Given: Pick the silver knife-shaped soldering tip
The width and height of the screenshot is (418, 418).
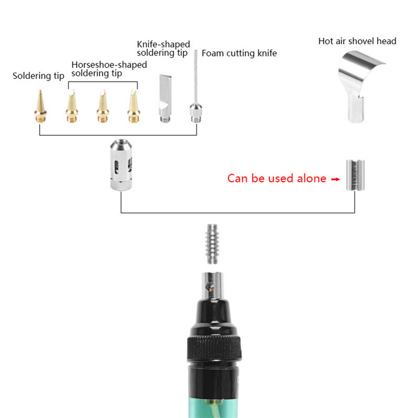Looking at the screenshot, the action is [x=165, y=99].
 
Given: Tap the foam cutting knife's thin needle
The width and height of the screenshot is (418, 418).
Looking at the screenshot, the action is [x=196, y=77].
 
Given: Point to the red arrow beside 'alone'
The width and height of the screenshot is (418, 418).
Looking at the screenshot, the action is [x=335, y=179].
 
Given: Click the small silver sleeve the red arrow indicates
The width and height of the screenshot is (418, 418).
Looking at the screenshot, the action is [x=355, y=175].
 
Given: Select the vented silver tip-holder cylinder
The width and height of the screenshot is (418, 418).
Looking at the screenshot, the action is [x=121, y=165].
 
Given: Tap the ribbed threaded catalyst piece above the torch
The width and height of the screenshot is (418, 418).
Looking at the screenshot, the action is [x=212, y=244].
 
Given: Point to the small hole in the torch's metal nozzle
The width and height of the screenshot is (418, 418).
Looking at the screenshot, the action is [x=211, y=287].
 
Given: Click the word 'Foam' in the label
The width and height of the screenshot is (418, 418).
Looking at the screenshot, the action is [x=213, y=53].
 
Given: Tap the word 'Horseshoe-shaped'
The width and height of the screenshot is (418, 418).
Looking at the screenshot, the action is [x=109, y=65].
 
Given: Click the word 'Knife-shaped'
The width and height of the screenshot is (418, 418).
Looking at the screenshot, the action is [x=164, y=44].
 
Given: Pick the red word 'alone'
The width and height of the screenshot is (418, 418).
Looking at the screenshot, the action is [x=311, y=178].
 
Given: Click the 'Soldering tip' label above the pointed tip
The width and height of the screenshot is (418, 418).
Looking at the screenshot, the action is [x=38, y=76].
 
